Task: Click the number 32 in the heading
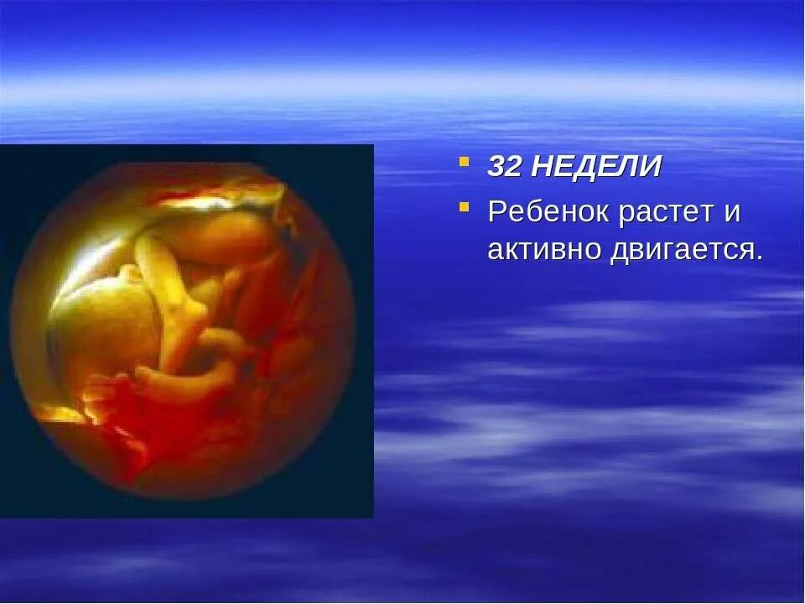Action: [x=505, y=166]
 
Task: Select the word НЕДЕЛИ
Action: [x=595, y=166]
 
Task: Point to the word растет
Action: [x=664, y=211]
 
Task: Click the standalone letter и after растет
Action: [x=732, y=213]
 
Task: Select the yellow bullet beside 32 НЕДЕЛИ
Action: [x=464, y=161]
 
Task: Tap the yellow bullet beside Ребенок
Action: [x=464, y=206]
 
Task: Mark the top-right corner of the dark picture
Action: [x=373, y=146]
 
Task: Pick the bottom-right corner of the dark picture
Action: [x=373, y=517]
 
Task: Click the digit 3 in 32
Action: [x=497, y=166]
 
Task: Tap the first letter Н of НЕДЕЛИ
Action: [x=542, y=166]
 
